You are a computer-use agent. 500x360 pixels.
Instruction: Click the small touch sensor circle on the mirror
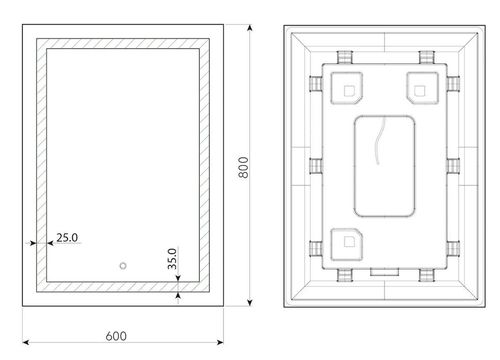(x=124, y=267)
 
